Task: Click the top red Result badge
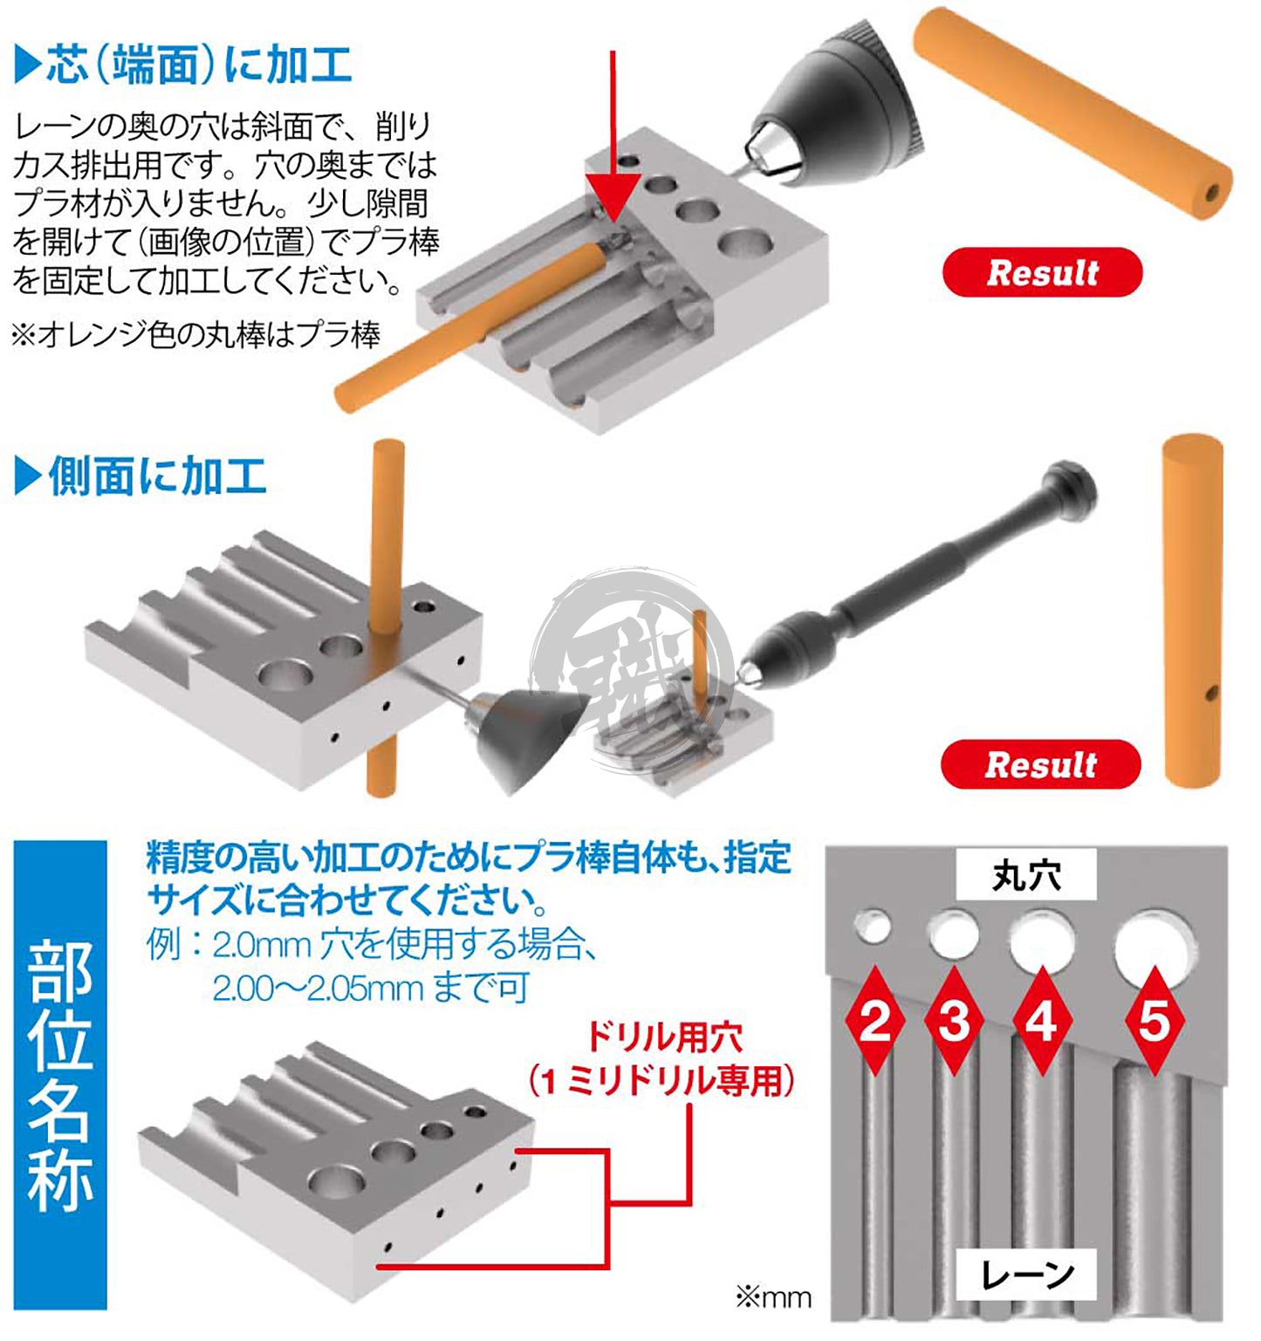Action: pyautogui.click(x=1042, y=272)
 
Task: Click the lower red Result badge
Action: pyautogui.click(x=1040, y=764)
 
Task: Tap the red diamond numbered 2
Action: pyautogui.click(x=874, y=1020)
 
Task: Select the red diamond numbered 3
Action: pyautogui.click(x=954, y=1020)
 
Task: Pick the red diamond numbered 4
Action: pyautogui.click(x=1042, y=1020)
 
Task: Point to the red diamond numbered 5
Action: pyautogui.click(x=1154, y=1020)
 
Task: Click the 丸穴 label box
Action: pyautogui.click(x=1026, y=875)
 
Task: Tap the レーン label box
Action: pyautogui.click(x=1027, y=1275)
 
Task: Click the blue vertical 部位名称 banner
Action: pyautogui.click(x=60, y=1075)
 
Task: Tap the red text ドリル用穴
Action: pyautogui.click(x=663, y=1037)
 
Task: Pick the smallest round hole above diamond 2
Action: pyautogui.click(x=873, y=927)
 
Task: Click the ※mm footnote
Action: pyautogui.click(x=773, y=1297)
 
